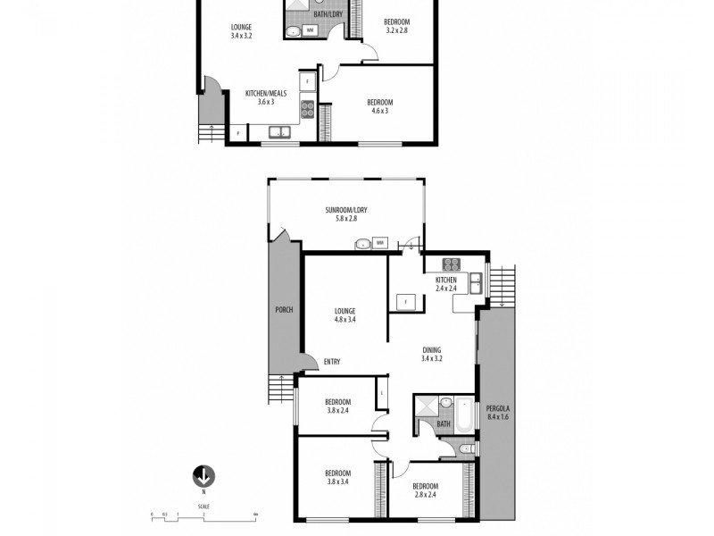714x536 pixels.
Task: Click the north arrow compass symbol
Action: point(203,476)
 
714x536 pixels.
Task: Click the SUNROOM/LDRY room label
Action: point(345,214)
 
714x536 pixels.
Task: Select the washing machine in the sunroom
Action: point(380,242)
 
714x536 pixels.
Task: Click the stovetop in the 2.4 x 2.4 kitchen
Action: point(452,264)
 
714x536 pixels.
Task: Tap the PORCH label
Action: point(284,310)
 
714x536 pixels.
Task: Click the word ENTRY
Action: point(332,361)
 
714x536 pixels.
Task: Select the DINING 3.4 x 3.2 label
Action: point(432,354)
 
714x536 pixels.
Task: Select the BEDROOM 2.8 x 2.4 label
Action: point(427,489)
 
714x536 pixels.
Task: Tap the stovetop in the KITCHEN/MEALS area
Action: point(307,109)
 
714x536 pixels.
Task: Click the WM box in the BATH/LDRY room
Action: point(310,30)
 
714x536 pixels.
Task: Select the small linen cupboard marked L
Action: point(382,391)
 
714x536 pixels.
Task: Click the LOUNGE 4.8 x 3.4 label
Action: point(345,314)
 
